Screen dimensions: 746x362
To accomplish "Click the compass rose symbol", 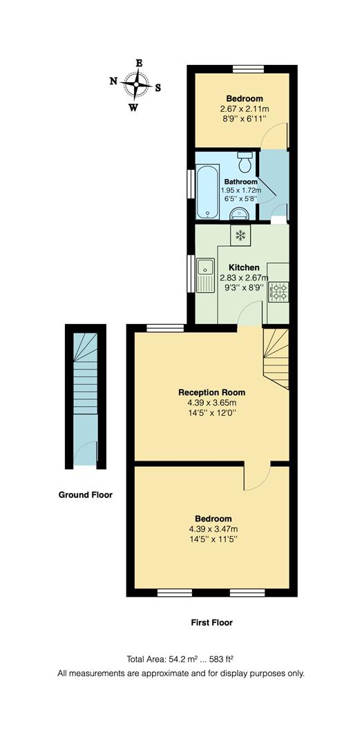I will tap(136, 86).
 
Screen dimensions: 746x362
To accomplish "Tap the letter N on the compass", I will tap(114, 81).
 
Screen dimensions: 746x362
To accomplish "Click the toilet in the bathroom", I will tap(245, 164).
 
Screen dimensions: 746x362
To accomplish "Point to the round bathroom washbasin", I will tap(242, 212).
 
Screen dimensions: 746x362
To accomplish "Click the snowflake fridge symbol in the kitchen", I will tap(240, 236).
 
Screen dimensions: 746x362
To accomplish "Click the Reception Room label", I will tap(211, 392).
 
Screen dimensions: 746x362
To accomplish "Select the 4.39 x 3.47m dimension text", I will tap(212, 528).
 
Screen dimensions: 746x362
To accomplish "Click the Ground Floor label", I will tap(86, 495).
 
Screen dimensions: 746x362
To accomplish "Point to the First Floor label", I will tap(211, 622).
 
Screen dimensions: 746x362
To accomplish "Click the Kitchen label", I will tap(244, 267).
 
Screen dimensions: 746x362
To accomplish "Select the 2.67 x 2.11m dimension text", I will tap(240, 109).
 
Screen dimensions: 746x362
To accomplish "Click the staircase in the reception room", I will tap(276, 358).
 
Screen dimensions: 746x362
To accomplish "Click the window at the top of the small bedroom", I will tap(247, 68).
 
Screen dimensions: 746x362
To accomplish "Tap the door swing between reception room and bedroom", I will tap(256, 477).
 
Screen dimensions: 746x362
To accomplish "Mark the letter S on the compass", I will tap(158, 87).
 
